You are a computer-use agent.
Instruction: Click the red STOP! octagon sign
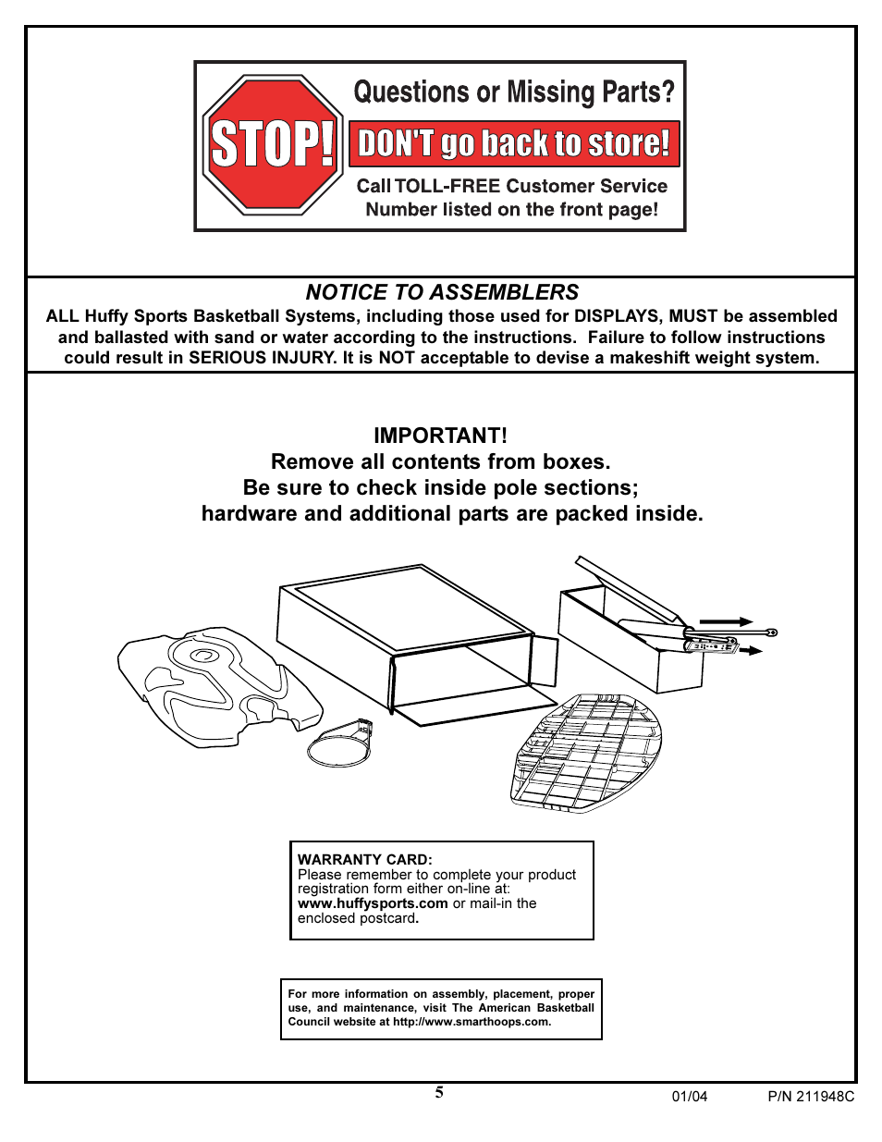273,145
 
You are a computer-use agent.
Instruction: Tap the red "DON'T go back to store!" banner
514,144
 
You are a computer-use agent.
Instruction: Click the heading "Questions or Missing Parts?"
514,92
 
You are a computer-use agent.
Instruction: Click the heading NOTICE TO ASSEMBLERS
442,292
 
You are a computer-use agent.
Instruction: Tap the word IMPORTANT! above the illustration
440,436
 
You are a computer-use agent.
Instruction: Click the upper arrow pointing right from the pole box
727,622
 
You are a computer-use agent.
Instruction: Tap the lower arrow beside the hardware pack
751,651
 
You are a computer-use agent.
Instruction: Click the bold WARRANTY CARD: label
365,859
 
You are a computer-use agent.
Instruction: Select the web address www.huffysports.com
373,903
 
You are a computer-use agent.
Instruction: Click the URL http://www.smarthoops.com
472,1022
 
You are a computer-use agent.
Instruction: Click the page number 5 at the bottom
439,1092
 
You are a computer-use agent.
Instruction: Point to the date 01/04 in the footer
689,1097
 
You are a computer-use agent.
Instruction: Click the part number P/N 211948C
811,1097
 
